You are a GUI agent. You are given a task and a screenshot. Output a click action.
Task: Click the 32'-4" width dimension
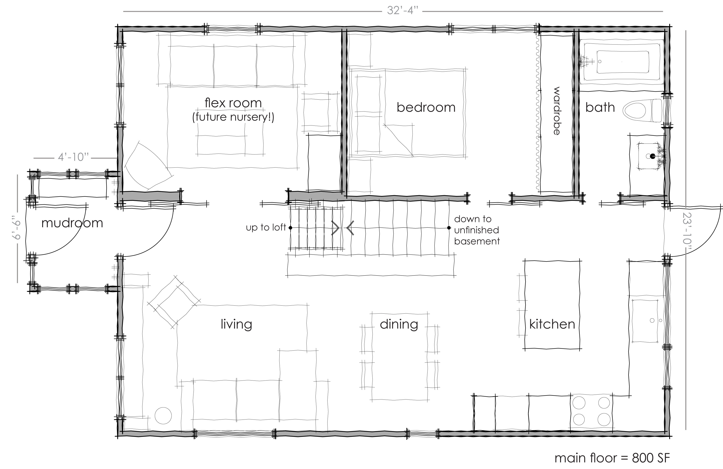(x=403, y=11)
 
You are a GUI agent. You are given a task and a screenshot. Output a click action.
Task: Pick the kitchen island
(x=552, y=305)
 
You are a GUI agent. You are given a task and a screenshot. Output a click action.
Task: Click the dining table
(x=399, y=356)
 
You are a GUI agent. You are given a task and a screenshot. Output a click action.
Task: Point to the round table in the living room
(x=163, y=415)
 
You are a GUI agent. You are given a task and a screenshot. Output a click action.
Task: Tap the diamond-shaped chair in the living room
(x=174, y=302)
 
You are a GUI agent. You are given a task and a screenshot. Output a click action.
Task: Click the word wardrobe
(x=556, y=111)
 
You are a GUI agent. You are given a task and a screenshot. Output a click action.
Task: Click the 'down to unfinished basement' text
(x=477, y=230)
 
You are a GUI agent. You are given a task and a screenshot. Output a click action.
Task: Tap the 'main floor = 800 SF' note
(x=612, y=458)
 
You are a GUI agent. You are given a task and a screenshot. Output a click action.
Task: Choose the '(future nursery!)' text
(x=233, y=117)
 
